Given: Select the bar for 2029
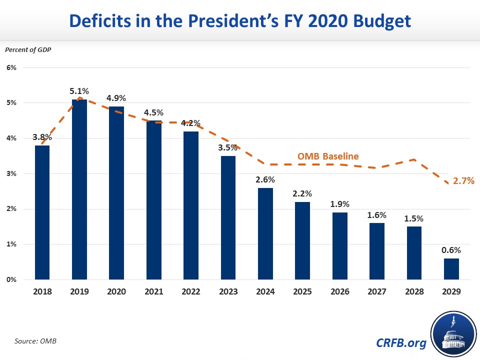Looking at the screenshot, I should point(451,268).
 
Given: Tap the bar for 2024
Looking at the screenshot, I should point(265,233).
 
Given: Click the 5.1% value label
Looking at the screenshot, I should point(79,91).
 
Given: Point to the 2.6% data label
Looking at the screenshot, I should point(265,179).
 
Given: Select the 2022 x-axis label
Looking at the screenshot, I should point(191,291).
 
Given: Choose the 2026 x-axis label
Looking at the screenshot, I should point(340,291).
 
